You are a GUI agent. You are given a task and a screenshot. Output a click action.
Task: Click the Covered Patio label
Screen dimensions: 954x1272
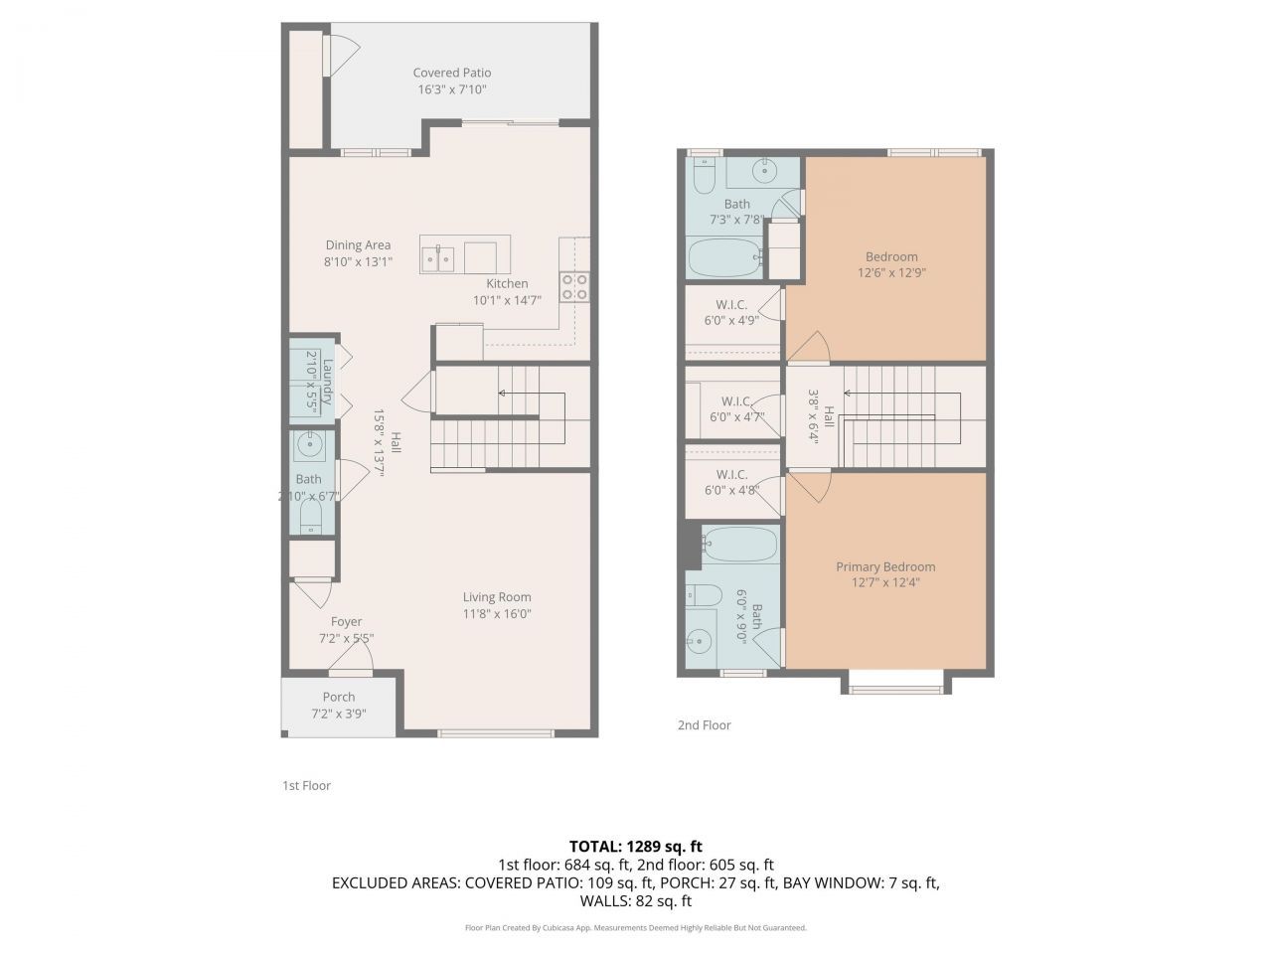(451, 73)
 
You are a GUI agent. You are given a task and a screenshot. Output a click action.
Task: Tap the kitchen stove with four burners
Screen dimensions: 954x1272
(574, 287)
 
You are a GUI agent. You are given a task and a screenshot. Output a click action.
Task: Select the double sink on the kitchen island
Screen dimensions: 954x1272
(437, 259)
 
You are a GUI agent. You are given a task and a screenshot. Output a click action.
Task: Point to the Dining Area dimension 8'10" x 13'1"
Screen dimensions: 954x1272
(358, 262)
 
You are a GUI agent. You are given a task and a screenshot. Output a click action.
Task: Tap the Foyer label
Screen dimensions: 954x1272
(346, 622)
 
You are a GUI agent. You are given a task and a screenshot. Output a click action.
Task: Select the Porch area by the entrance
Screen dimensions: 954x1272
(339, 705)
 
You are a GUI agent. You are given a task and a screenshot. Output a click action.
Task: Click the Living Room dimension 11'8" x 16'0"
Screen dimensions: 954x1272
(497, 614)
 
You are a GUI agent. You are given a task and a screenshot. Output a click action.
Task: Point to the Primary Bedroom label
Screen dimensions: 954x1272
(885, 566)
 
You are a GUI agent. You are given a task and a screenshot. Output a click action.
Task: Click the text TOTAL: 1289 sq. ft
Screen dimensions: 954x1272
(636, 847)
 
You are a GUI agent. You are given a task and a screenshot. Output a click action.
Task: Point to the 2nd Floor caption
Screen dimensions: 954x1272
(704, 725)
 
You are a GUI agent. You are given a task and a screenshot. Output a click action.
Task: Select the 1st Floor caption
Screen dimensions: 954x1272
(306, 785)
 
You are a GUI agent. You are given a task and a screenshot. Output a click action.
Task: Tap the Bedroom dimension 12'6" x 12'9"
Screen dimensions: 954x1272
(891, 272)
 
